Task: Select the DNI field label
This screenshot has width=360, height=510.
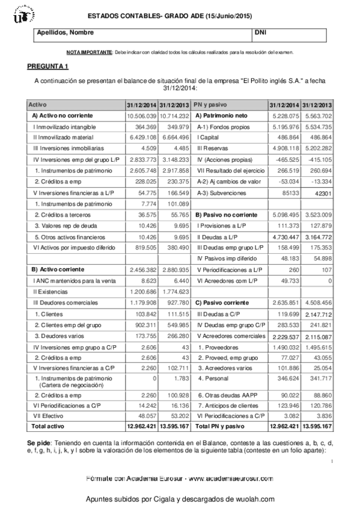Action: pyautogui.click(x=260, y=32)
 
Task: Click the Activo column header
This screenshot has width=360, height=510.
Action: pyautogui.click(x=41, y=104)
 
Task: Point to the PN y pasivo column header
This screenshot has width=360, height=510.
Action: pyautogui.click(x=211, y=104)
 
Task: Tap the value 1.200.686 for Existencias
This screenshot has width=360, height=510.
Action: pyautogui.click(x=142, y=290)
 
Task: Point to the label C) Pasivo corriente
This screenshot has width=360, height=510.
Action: pyautogui.click(x=221, y=302)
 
